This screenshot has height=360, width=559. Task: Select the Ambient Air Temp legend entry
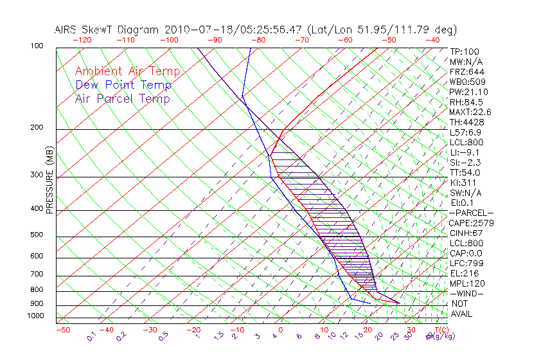click(x=127, y=71)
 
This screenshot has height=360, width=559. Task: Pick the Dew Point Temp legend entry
click(x=123, y=85)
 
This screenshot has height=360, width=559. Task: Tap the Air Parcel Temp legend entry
click(x=123, y=98)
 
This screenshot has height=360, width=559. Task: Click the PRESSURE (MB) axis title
click(x=49, y=179)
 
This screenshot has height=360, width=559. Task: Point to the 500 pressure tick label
click(x=37, y=235)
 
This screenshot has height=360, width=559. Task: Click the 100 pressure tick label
click(x=37, y=46)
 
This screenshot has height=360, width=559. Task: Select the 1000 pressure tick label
click(x=35, y=316)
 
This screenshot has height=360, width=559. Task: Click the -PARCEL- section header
click(x=471, y=213)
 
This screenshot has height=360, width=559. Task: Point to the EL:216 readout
click(x=463, y=273)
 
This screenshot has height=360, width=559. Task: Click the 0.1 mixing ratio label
click(x=91, y=335)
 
